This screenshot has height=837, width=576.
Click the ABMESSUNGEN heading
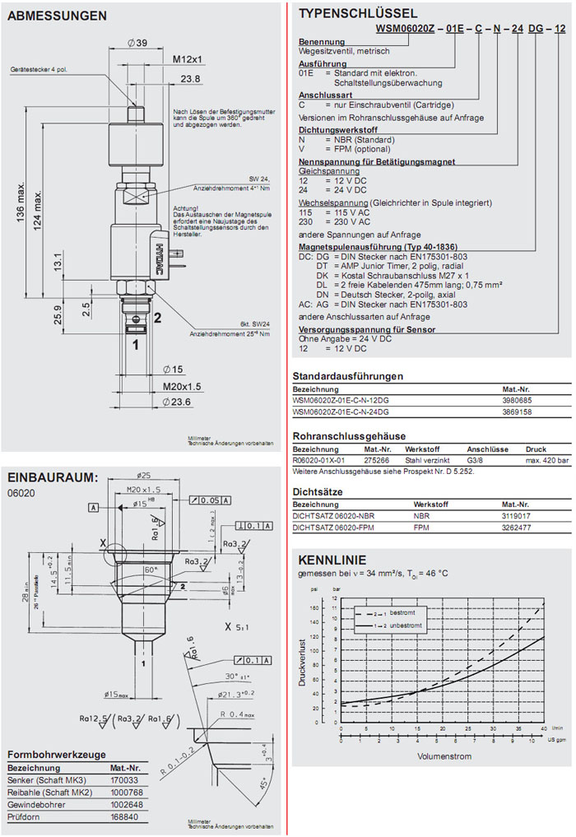click(x=57, y=16)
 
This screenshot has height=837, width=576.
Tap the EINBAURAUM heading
click(x=52, y=477)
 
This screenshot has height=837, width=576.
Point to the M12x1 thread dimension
click(x=188, y=59)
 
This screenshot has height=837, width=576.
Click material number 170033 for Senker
click(x=124, y=779)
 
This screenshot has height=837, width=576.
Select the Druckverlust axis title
click(x=303, y=663)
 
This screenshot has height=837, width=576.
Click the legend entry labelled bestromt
click(x=402, y=613)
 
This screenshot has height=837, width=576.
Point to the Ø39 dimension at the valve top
click(x=137, y=43)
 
